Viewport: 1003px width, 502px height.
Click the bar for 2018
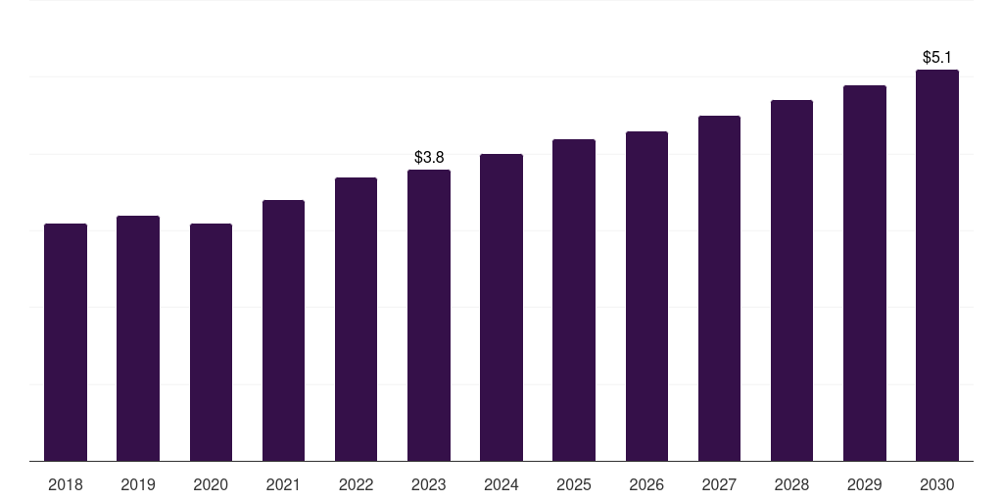click(66, 342)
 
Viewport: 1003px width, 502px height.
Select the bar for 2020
click(211, 342)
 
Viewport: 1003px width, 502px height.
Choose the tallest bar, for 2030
click(937, 266)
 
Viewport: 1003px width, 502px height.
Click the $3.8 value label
click(429, 157)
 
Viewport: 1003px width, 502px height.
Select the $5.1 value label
click(937, 58)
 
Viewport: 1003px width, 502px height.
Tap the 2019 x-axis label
click(138, 484)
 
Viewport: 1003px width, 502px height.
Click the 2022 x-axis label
click(356, 484)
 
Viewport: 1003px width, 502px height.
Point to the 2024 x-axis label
click(501, 484)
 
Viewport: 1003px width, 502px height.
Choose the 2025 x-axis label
click(574, 484)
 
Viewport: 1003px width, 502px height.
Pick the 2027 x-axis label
click(719, 484)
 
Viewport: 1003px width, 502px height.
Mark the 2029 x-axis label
click(864, 484)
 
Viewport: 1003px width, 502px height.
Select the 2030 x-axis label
click(937, 484)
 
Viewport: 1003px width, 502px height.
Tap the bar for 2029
click(865, 274)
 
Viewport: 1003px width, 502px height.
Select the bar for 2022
click(356, 320)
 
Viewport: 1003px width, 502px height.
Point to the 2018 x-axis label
click(66, 484)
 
